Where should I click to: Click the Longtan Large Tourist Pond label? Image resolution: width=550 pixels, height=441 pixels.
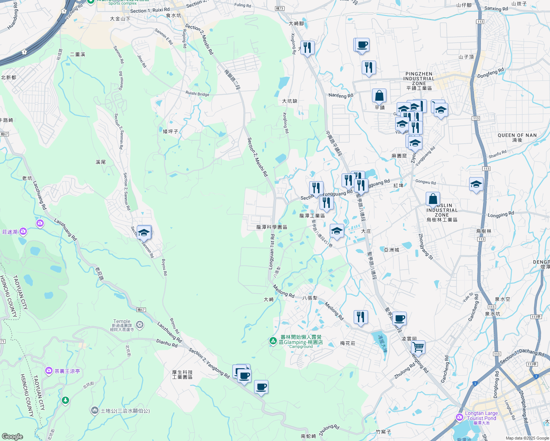(x=481, y=416)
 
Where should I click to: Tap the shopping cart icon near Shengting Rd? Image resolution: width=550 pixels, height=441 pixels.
(x=418, y=347)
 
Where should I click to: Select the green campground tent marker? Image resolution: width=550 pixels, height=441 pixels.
(x=273, y=341)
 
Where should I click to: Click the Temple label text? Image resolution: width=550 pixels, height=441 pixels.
(x=122, y=321)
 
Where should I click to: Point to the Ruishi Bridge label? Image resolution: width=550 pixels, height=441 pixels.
(x=197, y=94)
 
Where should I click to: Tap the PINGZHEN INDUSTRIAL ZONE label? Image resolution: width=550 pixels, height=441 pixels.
(x=419, y=81)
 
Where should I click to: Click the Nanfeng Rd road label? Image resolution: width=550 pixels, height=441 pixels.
(x=340, y=96)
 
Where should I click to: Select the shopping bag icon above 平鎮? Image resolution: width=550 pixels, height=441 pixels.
(x=379, y=96)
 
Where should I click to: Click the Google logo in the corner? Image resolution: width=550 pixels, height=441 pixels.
(x=12, y=436)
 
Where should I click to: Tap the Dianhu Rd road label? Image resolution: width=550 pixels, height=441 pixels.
(x=167, y=343)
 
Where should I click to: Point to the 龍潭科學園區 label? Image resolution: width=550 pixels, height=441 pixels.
(x=272, y=227)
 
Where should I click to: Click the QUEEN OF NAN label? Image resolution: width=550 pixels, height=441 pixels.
(x=517, y=135)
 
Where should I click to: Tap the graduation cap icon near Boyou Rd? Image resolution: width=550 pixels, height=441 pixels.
(x=144, y=233)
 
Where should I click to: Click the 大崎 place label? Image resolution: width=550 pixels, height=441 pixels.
(x=269, y=300)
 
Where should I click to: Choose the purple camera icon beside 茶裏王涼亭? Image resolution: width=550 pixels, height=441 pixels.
(x=49, y=371)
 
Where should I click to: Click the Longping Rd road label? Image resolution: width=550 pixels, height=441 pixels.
(x=501, y=215)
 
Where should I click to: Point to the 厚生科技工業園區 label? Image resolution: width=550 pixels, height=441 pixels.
(x=182, y=374)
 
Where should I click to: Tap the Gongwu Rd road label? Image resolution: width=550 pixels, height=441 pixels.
(x=425, y=182)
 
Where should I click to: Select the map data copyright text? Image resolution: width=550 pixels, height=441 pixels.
(x=527, y=438)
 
